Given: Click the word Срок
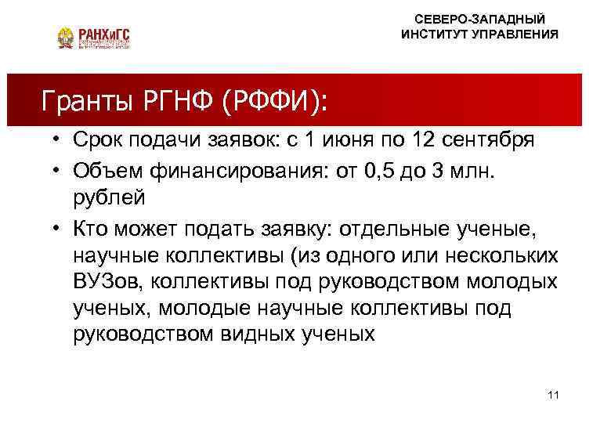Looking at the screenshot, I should coord(98,141).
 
